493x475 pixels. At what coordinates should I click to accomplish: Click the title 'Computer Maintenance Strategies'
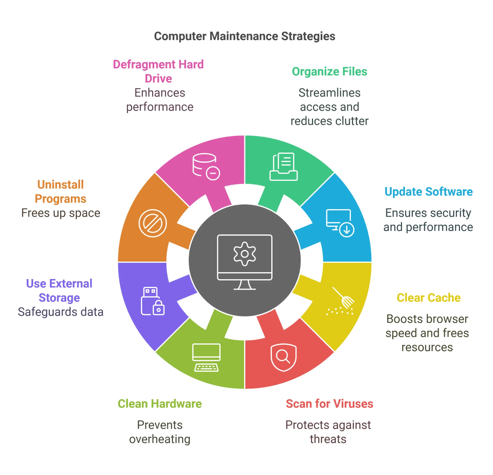point(244,36)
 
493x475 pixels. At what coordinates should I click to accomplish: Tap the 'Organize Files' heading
point(329,72)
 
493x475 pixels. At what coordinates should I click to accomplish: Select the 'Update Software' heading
point(429,192)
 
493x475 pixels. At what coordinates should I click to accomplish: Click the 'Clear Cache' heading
point(429,298)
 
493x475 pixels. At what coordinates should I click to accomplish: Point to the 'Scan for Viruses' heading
point(329,404)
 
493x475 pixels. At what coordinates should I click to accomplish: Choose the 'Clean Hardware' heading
point(160,404)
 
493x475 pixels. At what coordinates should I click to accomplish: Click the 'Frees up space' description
point(61,213)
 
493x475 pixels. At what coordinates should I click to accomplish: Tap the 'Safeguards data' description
point(61,312)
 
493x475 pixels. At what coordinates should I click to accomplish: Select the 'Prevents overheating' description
point(160,432)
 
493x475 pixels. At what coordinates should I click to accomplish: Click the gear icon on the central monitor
point(245,254)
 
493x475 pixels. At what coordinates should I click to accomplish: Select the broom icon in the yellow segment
point(341,302)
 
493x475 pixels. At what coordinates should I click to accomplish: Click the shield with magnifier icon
point(284,357)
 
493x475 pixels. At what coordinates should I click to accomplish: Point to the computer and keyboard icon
point(206,357)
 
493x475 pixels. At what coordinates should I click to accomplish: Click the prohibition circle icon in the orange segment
point(153,223)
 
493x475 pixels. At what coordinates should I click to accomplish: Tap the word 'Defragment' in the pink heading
point(144,65)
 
